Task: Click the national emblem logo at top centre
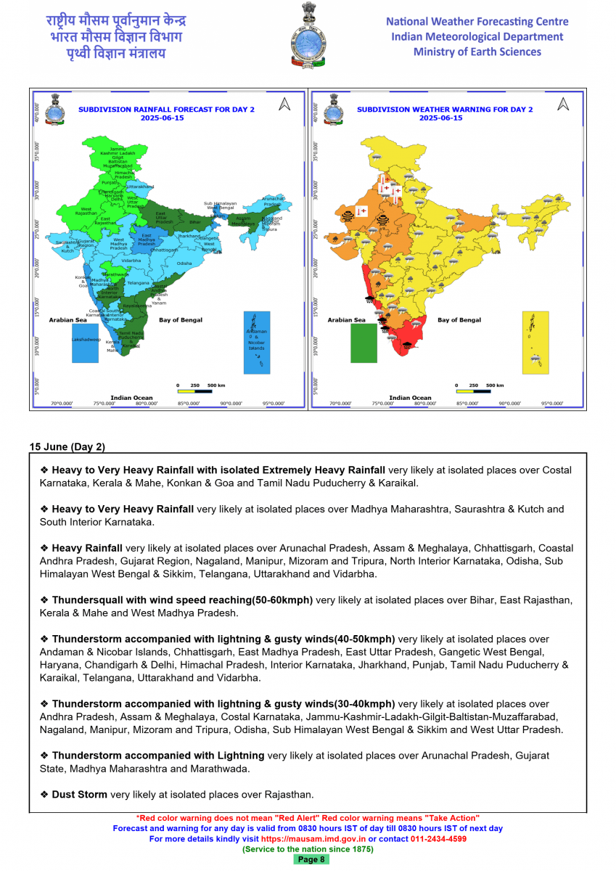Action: [x=308, y=36]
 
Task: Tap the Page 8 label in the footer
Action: [x=312, y=859]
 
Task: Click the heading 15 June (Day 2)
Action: [x=67, y=446]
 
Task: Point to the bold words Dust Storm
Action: [x=79, y=794]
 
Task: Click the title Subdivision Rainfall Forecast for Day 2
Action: [x=167, y=110]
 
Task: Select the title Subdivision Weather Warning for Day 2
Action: [x=445, y=110]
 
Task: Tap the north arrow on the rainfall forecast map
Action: [x=284, y=105]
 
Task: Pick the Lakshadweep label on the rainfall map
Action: [x=86, y=339]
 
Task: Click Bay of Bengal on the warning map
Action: [x=459, y=320]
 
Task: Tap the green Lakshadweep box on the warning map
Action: [x=364, y=343]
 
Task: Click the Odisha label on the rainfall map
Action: [x=184, y=263]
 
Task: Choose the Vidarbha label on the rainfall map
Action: [x=131, y=260]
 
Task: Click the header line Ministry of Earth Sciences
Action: [x=477, y=52]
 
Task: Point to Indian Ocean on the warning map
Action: [x=410, y=398]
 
